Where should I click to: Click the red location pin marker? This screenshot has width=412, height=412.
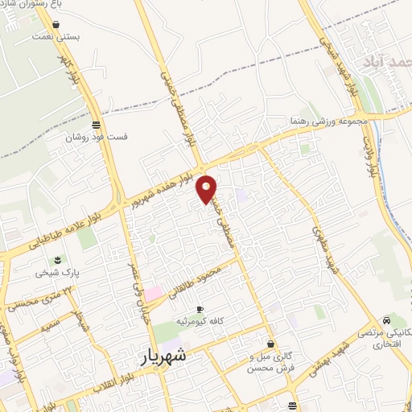pos(207,188)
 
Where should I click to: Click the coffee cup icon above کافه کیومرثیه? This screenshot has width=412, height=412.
pos(200,310)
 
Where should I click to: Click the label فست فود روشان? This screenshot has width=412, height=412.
pos(97,137)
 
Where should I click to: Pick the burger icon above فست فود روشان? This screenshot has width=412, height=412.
pos(97,124)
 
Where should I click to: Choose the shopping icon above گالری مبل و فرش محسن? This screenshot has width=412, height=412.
pos(270,344)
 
